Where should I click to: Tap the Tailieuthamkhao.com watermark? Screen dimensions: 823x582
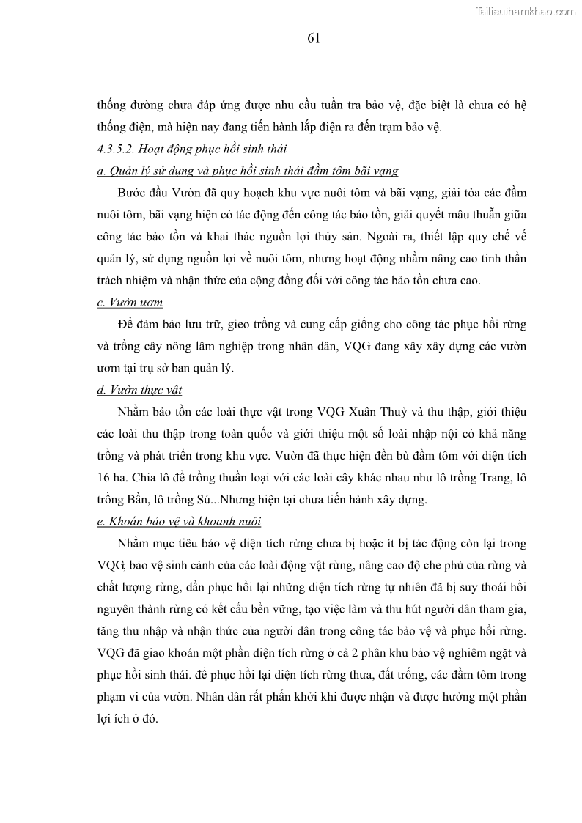click(526, 11)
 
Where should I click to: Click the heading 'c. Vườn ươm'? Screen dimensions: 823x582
click(130, 302)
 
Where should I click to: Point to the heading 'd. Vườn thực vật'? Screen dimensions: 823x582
click(139, 389)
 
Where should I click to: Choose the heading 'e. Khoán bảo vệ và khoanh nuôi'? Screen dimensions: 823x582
click(179, 522)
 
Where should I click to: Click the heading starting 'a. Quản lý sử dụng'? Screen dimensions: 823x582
click(247, 171)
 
